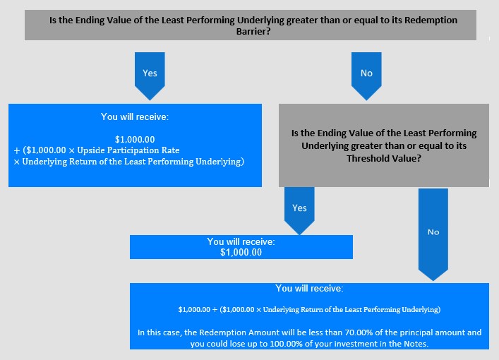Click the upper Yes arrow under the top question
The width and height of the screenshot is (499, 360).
(x=150, y=76)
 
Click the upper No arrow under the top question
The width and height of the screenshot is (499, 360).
(x=366, y=76)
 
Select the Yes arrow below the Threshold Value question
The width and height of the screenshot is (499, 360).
(x=299, y=211)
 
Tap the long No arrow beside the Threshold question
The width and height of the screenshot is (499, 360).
(x=433, y=234)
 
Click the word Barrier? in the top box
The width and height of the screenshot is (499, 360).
(x=253, y=32)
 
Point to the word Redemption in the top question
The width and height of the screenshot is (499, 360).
(x=431, y=20)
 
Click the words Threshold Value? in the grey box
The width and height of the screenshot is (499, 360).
(x=384, y=158)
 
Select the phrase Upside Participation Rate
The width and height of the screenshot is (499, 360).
(x=128, y=150)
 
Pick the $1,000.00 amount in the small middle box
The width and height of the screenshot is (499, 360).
(x=241, y=253)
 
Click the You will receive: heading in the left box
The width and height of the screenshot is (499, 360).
(x=135, y=116)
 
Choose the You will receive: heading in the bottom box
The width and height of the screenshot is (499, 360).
(x=309, y=289)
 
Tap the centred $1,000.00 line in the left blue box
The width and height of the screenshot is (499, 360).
(x=135, y=140)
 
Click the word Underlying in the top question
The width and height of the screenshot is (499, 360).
(x=260, y=20)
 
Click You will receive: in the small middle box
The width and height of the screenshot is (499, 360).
(x=241, y=241)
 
